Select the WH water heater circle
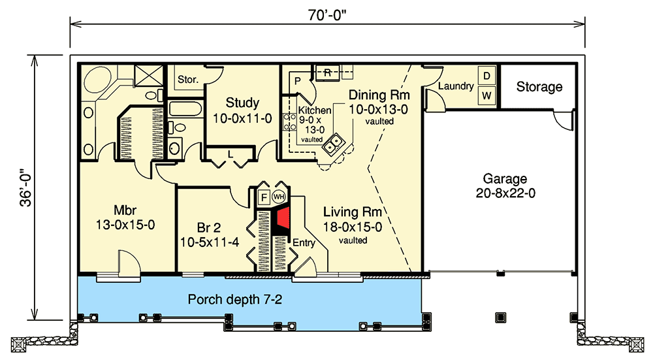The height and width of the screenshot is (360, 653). point(279,197)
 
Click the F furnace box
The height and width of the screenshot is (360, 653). point(264,197)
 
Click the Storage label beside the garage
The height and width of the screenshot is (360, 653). point(539,87)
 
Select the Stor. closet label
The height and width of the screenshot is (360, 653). point(187,80)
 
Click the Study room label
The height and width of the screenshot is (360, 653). point(242,103)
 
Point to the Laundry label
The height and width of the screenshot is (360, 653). point(455,86)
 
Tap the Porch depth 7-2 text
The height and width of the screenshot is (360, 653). point(236,300)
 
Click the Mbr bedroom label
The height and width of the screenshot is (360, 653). point(124,211)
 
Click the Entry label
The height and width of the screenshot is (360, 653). point(304,243)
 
